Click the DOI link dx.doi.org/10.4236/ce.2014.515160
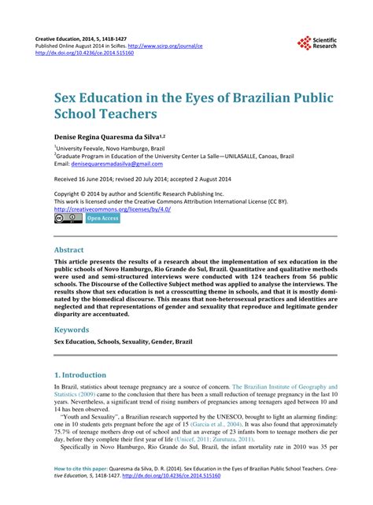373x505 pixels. pyautogui.click(x=93, y=54)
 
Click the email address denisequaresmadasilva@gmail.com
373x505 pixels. pyautogui.click(x=113, y=164)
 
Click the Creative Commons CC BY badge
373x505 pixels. pyautogui.click(x=68, y=219)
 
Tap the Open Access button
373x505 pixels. pyautogui.click(x=103, y=219)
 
